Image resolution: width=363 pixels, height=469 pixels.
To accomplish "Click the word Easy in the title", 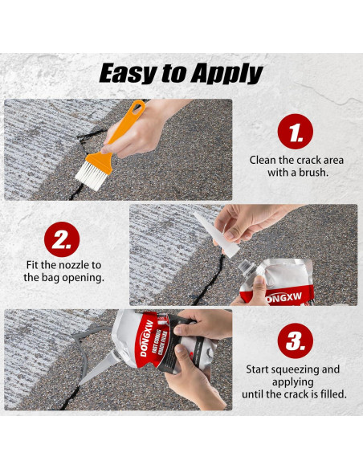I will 127,73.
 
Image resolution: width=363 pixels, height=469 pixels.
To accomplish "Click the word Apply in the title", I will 227,74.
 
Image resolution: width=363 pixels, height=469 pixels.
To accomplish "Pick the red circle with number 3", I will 295,341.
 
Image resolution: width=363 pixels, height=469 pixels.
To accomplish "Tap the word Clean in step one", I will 266,159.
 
